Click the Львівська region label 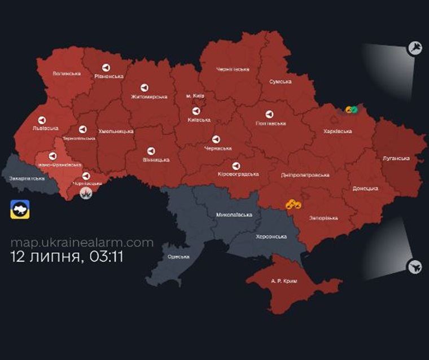click(46, 129)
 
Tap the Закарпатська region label click(27, 178)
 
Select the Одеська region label click(178, 256)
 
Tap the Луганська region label click(396, 159)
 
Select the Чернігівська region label click(233, 69)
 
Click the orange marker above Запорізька click(294, 204)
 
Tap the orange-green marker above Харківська click(352, 109)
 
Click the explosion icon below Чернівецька click(86, 194)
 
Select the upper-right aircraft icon click(415, 47)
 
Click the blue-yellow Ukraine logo click(20, 209)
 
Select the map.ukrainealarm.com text click(82, 242)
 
